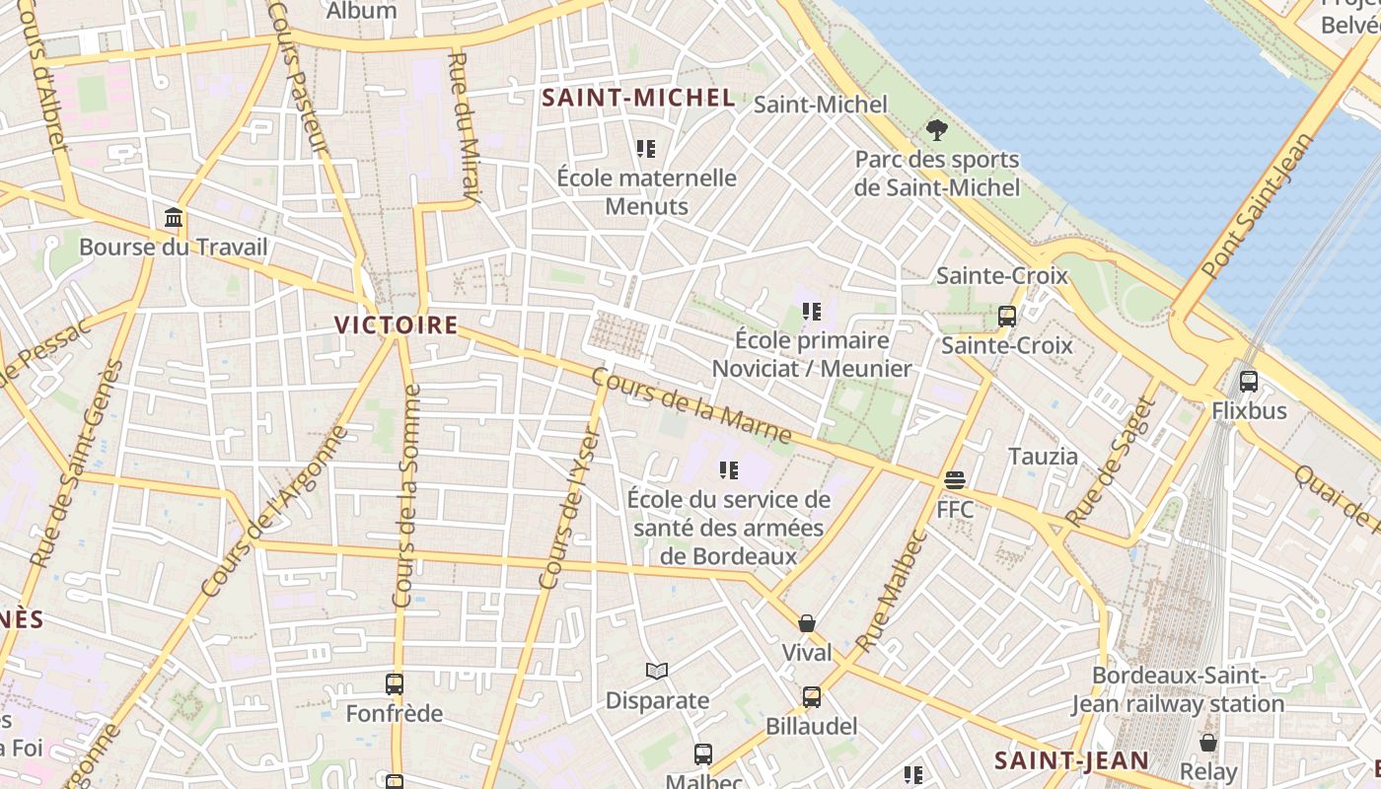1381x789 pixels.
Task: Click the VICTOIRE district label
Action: [396, 324]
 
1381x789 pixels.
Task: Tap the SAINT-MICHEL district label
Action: [639, 98]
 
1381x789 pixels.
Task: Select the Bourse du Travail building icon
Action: [174, 217]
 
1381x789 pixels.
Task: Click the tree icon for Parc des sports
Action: [937, 129]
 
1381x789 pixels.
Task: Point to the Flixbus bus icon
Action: [1249, 382]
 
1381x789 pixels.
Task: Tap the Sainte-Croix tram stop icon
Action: [1007, 316]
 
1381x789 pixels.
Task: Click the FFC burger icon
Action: [954, 480]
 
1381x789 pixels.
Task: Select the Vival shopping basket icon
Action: [807, 623]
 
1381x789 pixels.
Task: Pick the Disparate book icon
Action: [657, 672]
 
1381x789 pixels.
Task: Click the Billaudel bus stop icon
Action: [812, 697]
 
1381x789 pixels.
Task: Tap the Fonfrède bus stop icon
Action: [395, 683]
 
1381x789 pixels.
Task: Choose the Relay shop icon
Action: [1208, 743]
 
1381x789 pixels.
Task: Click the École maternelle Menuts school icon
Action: [646, 149]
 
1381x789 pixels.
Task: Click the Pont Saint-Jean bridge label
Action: [1258, 205]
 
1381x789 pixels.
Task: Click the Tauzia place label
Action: [1043, 456]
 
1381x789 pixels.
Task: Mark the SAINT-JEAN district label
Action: [1071, 760]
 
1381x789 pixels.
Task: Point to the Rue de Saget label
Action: [1110, 461]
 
